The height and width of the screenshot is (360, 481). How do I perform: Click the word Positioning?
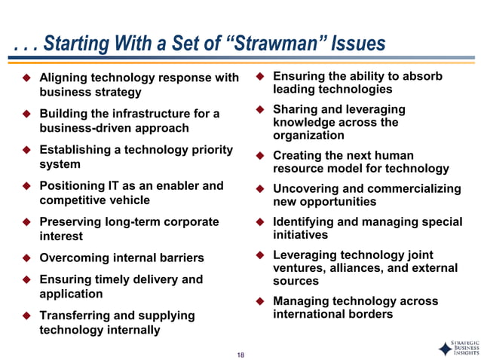(x=74, y=185)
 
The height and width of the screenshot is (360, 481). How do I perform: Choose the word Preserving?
(x=71, y=221)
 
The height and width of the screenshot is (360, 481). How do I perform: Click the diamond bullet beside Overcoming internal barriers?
(x=24, y=258)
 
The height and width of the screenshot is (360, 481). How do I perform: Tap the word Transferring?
(x=75, y=316)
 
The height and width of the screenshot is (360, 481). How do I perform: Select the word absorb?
(x=425, y=76)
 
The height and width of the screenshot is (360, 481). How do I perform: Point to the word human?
(x=394, y=156)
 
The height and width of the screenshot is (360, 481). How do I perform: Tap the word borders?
(x=367, y=314)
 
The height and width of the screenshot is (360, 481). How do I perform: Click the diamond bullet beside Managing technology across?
(x=258, y=301)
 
